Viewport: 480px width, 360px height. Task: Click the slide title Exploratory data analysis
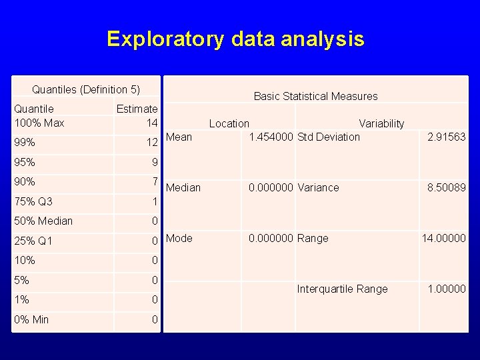pyautogui.click(x=235, y=39)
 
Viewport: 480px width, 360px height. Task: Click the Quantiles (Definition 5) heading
pyautogui.click(x=86, y=89)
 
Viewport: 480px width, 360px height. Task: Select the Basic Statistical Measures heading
pyautogui.click(x=315, y=96)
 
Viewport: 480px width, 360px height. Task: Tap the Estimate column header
pyautogui.click(x=137, y=109)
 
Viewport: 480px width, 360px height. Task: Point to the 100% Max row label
pyautogui.click(x=39, y=123)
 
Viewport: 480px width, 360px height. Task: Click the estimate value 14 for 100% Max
pyautogui.click(x=152, y=123)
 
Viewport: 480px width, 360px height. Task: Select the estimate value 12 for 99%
pyautogui.click(x=152, y=142)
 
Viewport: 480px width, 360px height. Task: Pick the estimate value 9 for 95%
pyautogui.click(x=155, y=162)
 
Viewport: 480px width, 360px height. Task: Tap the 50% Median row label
pyautogui.click(x=43, y=221)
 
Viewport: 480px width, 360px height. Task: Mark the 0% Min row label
pyautogui.click(x=31, y=319)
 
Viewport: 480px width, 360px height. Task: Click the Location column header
pyautogui.click(x=229, y=123)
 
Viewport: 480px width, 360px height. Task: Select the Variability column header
pyautogui.click(x=381, y=123)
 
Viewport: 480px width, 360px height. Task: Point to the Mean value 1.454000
pyautogui.click(x=271, y=137)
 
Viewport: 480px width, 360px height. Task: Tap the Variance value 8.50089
pyautogui.click(x=446, y=187)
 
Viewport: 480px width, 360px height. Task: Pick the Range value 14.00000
pyautogui.click(x=443, y=238)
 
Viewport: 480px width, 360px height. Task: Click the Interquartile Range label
pyautogui.click(x=342, y=289)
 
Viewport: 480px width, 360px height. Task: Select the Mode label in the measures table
pyautogui.click(x=179, y=238)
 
